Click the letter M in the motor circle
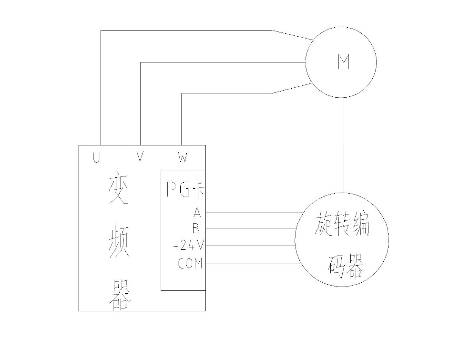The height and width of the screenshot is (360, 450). pyautogui.click(x=343, y=62)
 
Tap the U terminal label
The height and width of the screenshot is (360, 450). pyautogui.click(x=97, y=157)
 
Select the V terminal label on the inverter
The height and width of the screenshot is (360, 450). pyautogui.click(x=140, y=157)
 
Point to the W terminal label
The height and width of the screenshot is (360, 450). pyautogui.click(x=182, y=157)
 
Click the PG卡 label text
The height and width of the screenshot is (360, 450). pyautogui.click(x=185, y=190)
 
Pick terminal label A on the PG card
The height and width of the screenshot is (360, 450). pyautogui.click(x=197, y=212)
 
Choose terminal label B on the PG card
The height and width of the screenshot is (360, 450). pyautogui.click(x=196, y=228)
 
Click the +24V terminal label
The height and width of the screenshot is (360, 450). pyautogui.click(x=189, y=246)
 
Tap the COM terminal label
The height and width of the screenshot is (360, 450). pyautogui.click(x=190, y=263)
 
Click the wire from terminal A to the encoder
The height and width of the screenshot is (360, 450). pyautogui.click(x=253, y=212)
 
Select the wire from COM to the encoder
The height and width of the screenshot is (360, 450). pyautogui.click(x=253, y=263)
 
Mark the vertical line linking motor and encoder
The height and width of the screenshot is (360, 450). pyautogui.click(x=343, y=143)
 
